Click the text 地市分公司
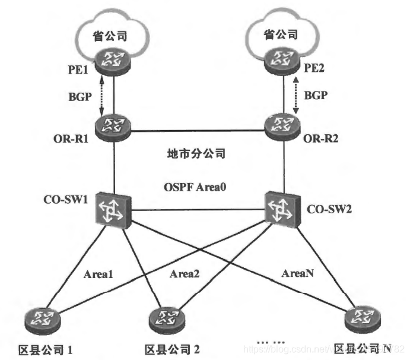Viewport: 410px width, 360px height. pyautogui.click(x=198, y=153)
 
